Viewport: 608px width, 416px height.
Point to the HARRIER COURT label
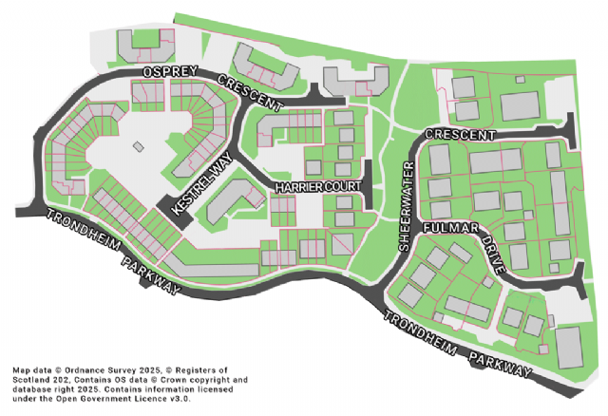pyautogui.click(x=313, y=188)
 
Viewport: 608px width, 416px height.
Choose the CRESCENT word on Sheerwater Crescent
pyautogui.click(x=460, y=136)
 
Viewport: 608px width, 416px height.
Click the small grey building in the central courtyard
pyautogui.click(x=139, y=147)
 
